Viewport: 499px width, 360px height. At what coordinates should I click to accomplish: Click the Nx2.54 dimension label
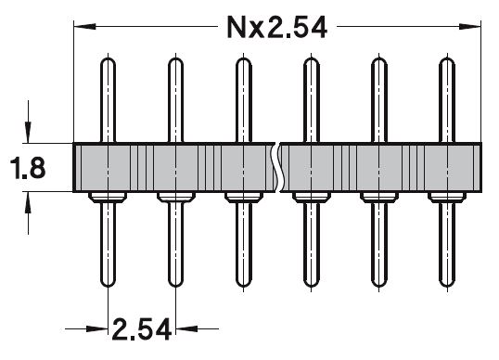[277, 28]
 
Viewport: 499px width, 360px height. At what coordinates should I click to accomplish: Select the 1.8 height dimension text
[28, 167]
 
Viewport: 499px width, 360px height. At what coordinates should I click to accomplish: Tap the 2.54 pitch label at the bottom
[142, 329]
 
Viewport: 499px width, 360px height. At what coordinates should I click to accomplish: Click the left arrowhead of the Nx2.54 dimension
[84, 26]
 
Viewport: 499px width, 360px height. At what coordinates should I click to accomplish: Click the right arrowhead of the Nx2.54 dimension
[469, 26]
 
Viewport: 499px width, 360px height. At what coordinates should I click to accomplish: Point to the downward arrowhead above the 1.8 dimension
[28, 133]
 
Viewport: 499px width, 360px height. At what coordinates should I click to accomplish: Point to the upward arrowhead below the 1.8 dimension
[28, 202]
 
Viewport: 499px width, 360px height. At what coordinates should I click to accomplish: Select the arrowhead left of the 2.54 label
[97, 328]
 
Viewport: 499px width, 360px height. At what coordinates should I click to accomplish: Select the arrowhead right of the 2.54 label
[186, 328]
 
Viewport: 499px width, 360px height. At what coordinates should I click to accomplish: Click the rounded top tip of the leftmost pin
[108, 59]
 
